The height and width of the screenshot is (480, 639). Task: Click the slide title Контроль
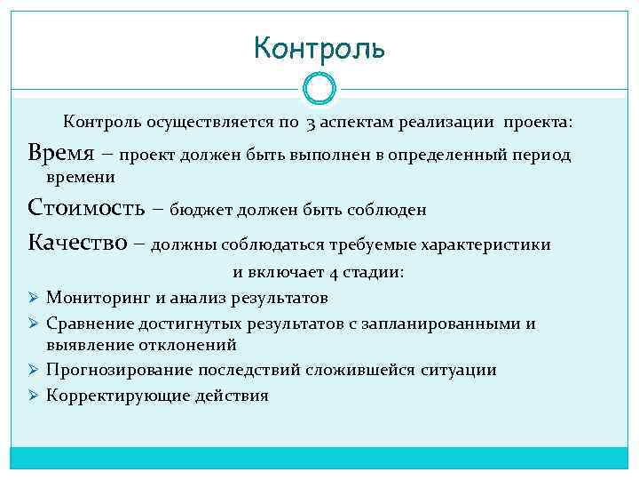click(319, 47)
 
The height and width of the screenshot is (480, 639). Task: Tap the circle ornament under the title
click(319, 88)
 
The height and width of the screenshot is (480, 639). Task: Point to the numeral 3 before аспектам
click(312, 122)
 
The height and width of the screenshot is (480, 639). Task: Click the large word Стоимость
click(82, 209)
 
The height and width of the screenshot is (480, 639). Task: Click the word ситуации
click(460, 370)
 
